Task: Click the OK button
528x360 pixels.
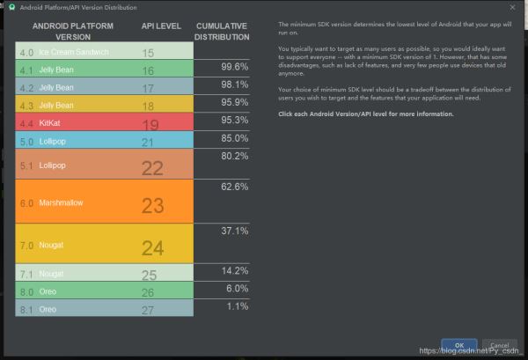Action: pos(459,345)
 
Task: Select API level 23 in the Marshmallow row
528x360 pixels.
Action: pos(152,204)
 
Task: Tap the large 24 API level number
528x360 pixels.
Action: pos(153,247)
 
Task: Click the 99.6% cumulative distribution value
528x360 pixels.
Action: pos(233,66)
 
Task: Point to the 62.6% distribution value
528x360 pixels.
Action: pos(234,187)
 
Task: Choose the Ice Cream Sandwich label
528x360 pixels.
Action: pos(76,53)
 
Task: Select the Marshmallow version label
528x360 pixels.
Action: pos(61,202)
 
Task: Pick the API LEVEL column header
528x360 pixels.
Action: pos(160,26)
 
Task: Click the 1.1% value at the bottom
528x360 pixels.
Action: pos(236,305)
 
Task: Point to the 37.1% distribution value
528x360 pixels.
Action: pos(234,231)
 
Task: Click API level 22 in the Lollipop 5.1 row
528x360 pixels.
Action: pos(152,167)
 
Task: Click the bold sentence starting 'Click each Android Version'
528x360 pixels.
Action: pos(366,114)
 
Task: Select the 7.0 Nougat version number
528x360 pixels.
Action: pos(26,245)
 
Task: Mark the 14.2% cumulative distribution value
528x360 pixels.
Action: pos(234,270)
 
